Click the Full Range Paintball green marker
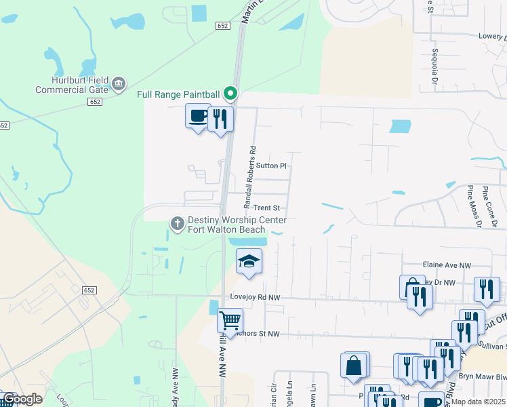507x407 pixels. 230,94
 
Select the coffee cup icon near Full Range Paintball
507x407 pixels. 198,116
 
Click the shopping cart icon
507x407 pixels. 230,319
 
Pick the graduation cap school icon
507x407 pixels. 249,260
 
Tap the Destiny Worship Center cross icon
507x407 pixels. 178,223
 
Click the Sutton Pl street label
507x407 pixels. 272,166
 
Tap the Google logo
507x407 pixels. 22,400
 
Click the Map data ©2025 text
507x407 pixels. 476,402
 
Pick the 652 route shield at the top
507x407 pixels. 224,25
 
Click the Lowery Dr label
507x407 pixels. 492,37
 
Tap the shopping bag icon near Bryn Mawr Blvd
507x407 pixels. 355,366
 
